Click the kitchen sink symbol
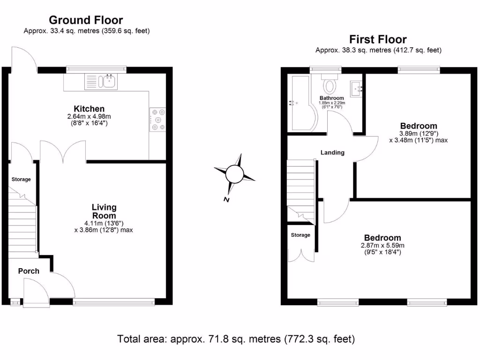[x=100, y=82]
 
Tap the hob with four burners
[x=157, y=120]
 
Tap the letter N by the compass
[x=226, y=200]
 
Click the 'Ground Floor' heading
[x=86, y=20]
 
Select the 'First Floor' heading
[x=378, y=39]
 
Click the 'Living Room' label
[x=104, y=211]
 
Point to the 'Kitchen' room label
[x=89, y=109]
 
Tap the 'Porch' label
[x=29, y=271]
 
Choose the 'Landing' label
[x=332, y=152]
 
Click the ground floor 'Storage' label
[x=21, y=180]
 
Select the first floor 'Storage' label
[x=300, y=235]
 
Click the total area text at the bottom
[x=236, y=338]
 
